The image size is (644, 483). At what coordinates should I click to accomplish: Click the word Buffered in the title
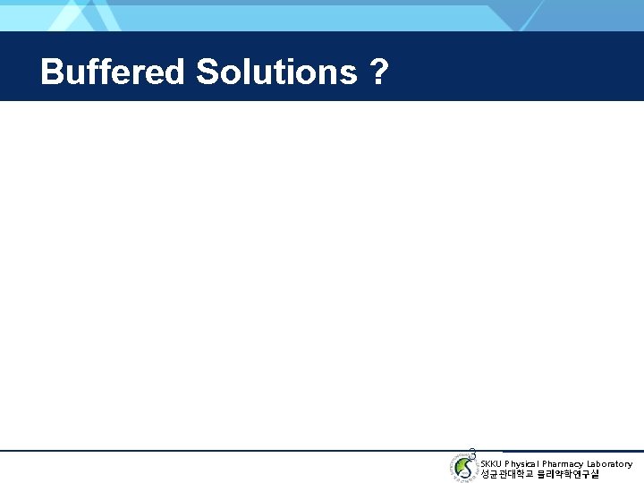(113, 72)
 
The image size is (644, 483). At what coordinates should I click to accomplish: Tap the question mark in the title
(378, 72)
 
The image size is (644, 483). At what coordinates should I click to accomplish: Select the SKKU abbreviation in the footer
(491, 463)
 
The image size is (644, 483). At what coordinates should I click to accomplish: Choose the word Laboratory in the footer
(608, 463)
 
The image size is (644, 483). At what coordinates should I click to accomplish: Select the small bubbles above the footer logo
(472, 452)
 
